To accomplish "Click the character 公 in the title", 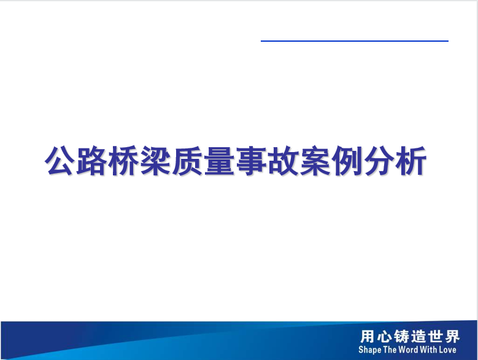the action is pos(60,161).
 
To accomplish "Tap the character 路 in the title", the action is pos(91,161).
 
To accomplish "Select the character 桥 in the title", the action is pos(123,161).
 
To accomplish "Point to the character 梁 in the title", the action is pos(155,161).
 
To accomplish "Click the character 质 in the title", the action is pos(187,161).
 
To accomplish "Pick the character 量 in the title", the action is pos(219,161).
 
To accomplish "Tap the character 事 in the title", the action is pos(250,161).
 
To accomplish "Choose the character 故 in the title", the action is pos(283,161).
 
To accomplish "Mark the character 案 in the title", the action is pos(315,161).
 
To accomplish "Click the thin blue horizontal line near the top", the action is pos(355,41).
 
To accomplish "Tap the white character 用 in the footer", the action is pos(367,337).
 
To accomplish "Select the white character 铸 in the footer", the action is pos(401,337).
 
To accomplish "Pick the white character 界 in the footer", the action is pos(452,337).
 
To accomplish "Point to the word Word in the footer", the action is pos(408,350).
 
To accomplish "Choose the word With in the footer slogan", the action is pos(428,350).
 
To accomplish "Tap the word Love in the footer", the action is pos(447,350).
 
